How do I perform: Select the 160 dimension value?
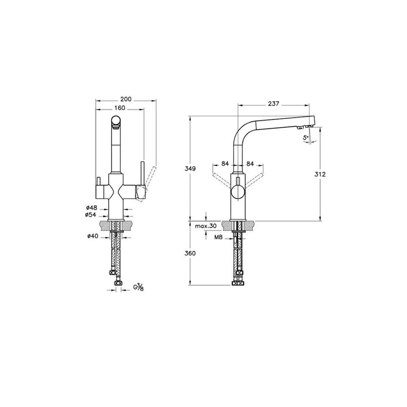[120, 108]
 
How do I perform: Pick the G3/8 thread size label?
[138, 287]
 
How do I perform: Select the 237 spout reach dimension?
[274, 104]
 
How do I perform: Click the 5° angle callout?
[305, 138]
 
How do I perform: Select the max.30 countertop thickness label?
[206, 226]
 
